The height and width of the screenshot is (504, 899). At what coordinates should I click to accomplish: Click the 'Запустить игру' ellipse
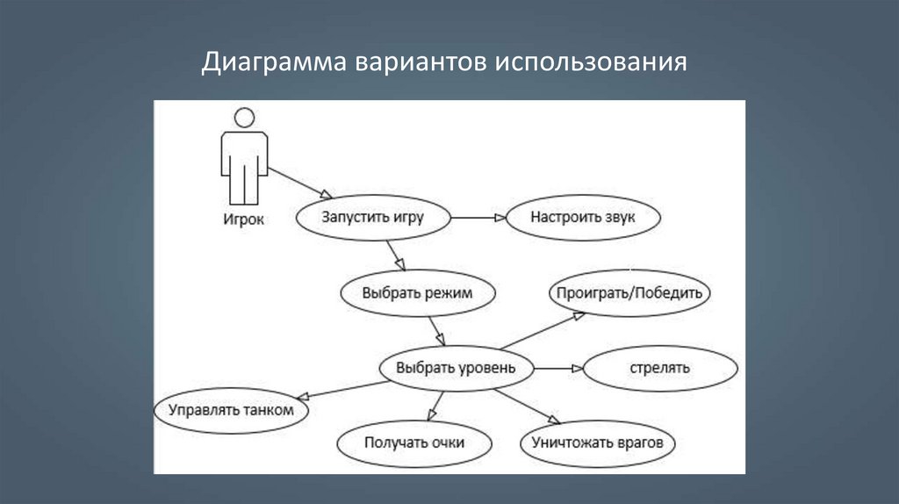click(x=372, y=218)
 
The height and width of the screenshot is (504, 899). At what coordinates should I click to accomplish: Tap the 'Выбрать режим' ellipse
click(x=417, y=293)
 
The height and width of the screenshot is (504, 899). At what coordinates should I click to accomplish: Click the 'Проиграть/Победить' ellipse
click(x=629, y=293)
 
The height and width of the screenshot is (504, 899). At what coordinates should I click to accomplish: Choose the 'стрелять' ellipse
click(x=659, y=368)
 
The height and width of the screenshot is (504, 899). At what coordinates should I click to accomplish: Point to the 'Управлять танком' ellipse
click(x=231, y=409)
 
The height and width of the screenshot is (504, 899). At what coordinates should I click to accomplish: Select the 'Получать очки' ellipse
click(x=414, y=443)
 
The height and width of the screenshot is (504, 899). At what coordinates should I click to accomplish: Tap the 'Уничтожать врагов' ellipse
click(x=597, y=443)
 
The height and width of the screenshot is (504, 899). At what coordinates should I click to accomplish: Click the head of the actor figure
click(x=244, y=117)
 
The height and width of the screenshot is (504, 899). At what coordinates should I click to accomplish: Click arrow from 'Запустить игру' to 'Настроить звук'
click(x=479, y=218)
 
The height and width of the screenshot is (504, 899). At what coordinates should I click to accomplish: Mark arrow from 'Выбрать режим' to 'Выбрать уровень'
click(x=437, y=330)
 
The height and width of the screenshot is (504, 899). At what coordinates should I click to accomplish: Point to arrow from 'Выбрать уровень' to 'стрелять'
click(x=557, y=369)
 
